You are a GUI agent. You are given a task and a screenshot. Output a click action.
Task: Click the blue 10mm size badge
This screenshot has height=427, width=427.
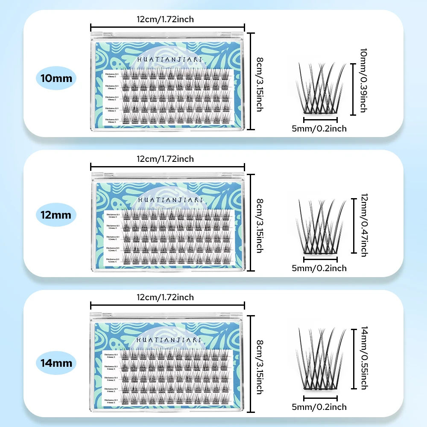point(56,78)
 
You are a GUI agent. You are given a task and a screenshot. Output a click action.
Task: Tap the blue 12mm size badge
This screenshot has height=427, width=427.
point(56,214)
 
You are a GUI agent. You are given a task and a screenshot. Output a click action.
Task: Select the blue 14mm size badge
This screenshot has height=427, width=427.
point(56,364)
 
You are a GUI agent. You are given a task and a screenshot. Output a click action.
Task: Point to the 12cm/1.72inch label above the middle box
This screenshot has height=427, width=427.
point(165,159)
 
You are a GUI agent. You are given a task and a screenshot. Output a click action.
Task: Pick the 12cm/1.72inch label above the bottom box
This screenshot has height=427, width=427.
point(165,297)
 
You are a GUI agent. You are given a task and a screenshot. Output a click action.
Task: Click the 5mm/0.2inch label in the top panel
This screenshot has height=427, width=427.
point(319,128)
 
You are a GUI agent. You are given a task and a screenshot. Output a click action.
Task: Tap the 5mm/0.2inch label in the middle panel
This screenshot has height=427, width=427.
point(319,268)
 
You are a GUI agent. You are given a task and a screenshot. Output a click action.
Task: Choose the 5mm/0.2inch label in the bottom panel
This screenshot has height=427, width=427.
point(319,407)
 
